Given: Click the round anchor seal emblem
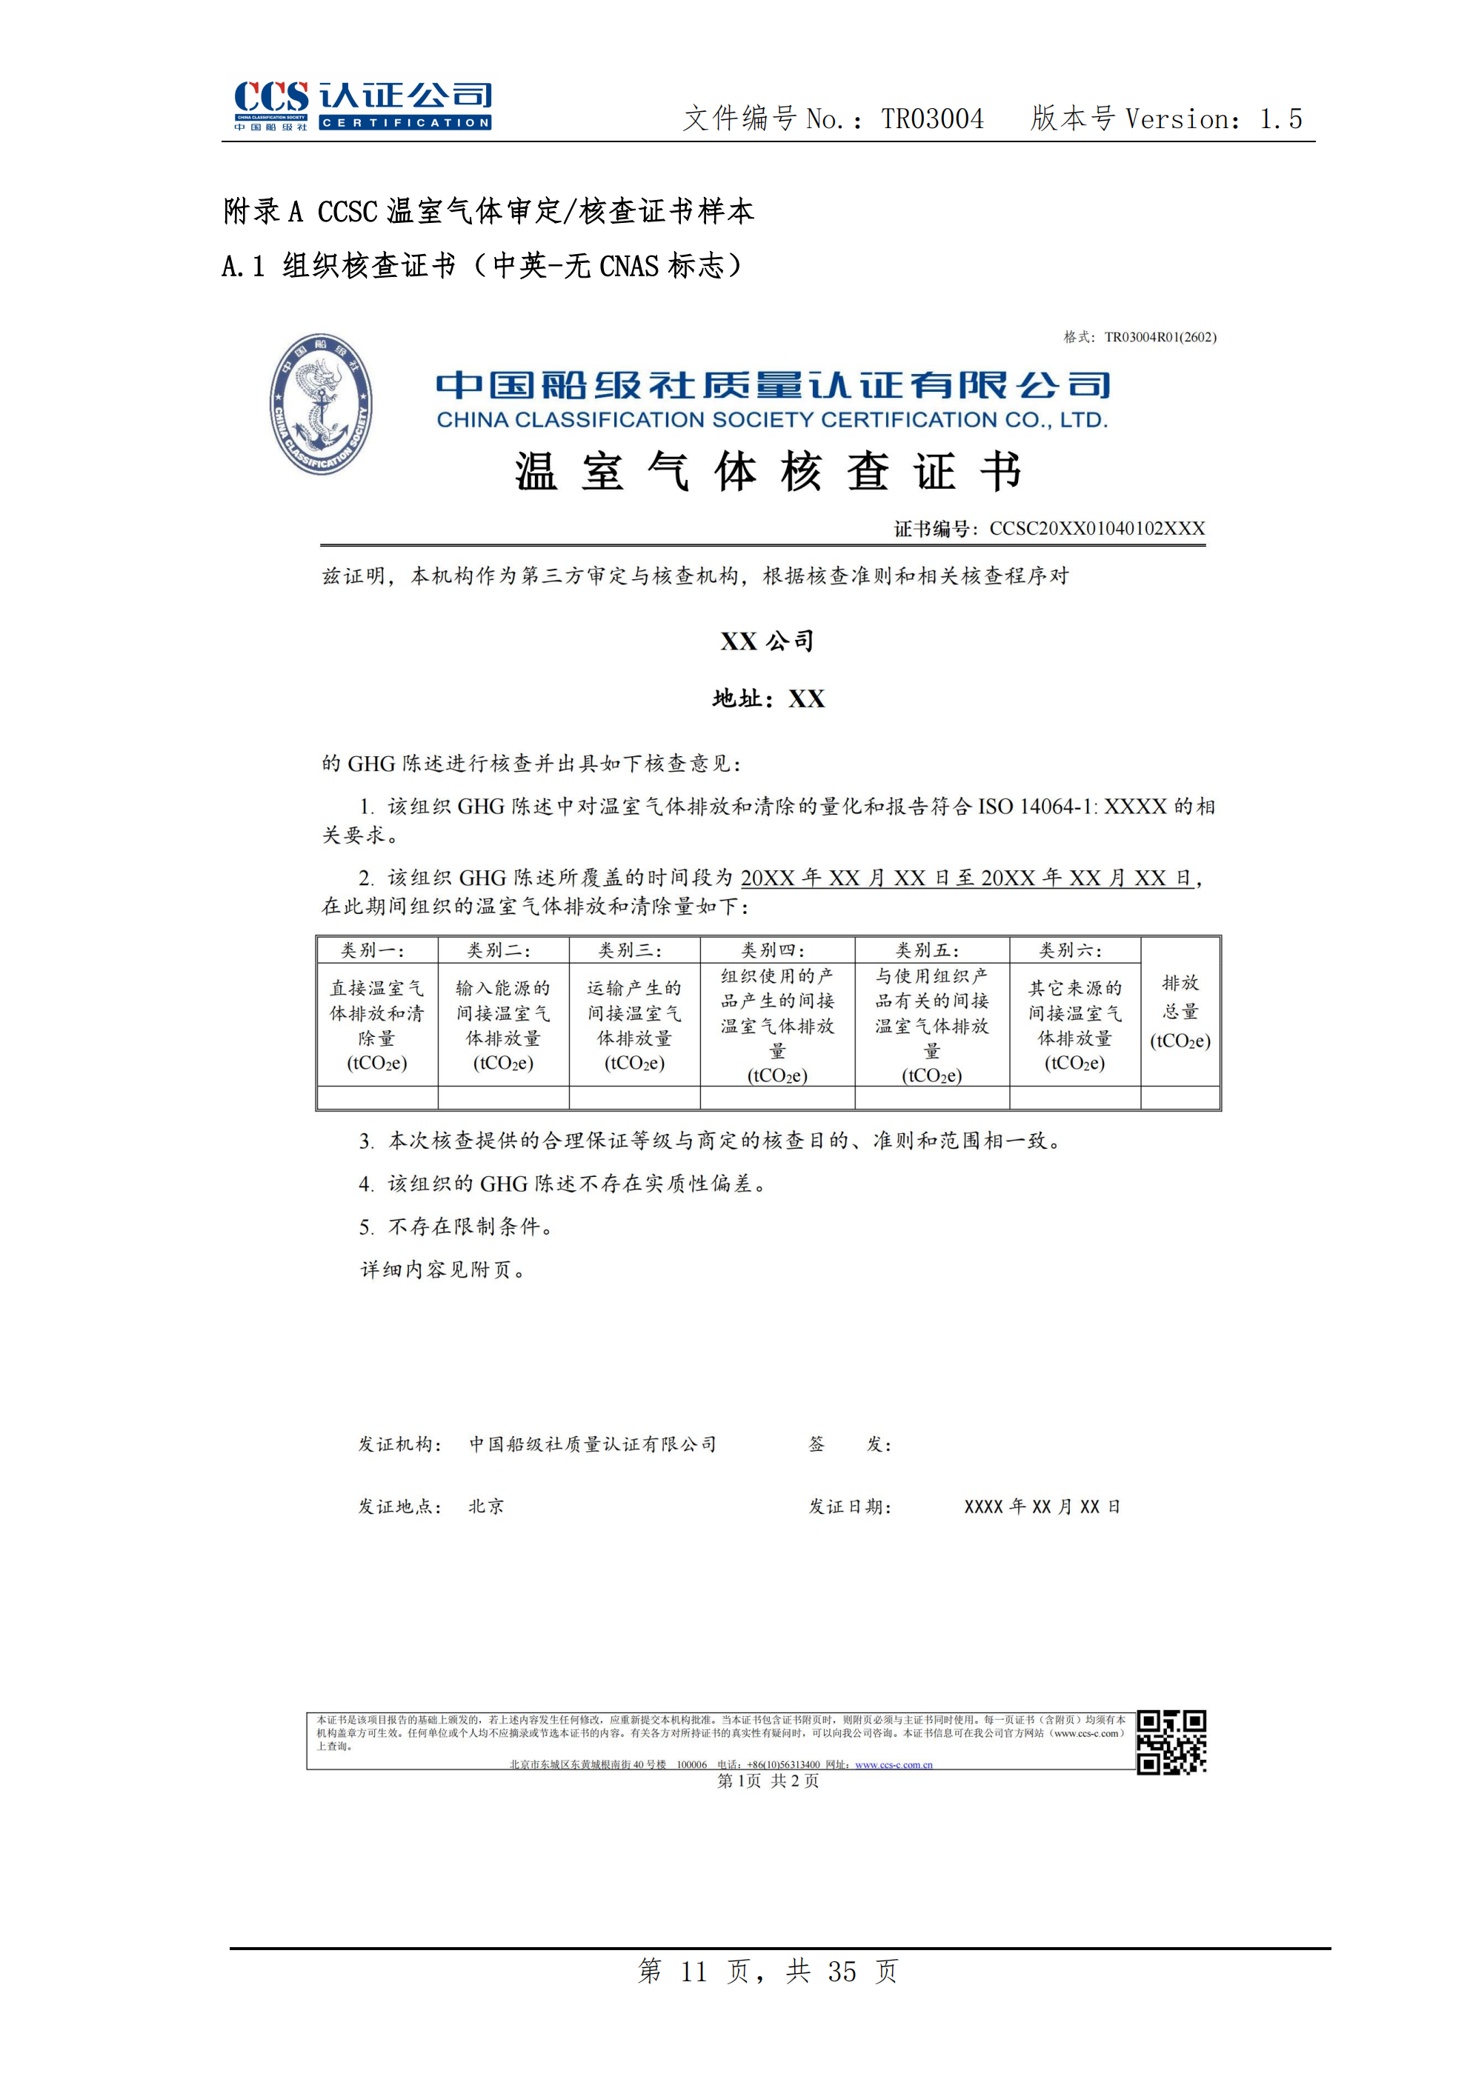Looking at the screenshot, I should [321, 404].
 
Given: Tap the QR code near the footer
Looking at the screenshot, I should [1171, 1741].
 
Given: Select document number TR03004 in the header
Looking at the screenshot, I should [932, 119].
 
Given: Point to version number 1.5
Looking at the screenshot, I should [1281, 119].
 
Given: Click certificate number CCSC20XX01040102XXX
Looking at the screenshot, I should [1096, 529].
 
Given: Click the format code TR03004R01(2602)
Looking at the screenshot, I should [1160, 338].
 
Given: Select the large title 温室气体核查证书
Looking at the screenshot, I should [768, 472].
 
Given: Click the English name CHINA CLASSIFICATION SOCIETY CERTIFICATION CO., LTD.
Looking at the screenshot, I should [772, 420].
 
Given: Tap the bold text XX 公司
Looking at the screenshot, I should [767, 641].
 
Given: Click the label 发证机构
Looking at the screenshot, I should [399, 1444].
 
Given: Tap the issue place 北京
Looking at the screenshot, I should [486, 1506].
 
